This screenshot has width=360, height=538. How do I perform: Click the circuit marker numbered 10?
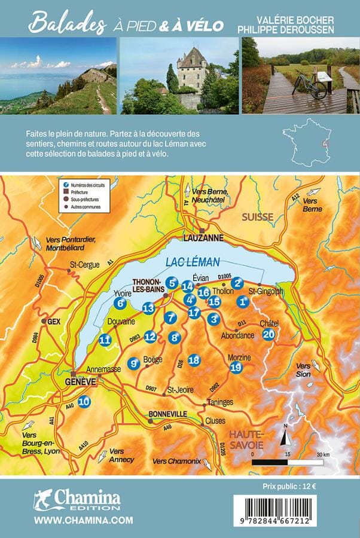pyautogui.click(x=84, y=402)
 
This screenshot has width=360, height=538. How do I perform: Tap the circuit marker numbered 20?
pyautogui.click(x=269, y=335)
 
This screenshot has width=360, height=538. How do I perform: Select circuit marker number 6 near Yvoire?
pyautogui.click(x=120, y=303)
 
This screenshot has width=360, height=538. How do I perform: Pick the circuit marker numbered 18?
pyautogui.click(x=194, y=360)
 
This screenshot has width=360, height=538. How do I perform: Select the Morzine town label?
pyautogui.click(x=239, y=357)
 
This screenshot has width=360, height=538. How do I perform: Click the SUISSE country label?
pyautogui.click(x=257, y=216)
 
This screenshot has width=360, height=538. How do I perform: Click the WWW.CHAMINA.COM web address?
pyautogui.click(x=83, y=521)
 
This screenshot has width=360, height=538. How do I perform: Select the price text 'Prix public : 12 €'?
pyautogui.click(x=289, y=485)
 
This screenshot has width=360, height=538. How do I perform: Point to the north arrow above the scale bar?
pyautogui.click(x=286, y=437)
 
